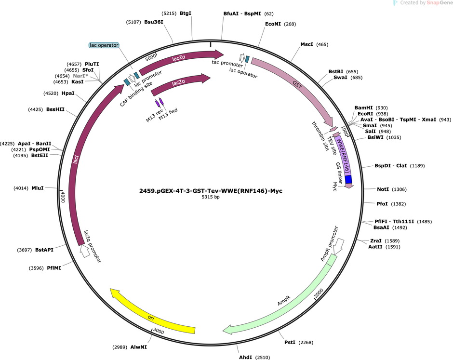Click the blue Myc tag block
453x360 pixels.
click(x=348, y=179)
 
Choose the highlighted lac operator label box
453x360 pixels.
click(x=104, y=45)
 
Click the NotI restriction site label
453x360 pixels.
click(x=383, y=189)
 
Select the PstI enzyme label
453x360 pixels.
click(x=290, y=342)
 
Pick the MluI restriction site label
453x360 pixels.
click(x=38, y=188)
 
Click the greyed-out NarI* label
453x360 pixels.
click(x=80, y=76)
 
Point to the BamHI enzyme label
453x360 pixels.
click(x=363, y=108)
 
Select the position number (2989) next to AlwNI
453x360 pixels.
click(x=120, y=347)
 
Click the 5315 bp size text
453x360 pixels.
click(x=211, y=197)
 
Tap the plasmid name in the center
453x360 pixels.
click(x=211, y=191)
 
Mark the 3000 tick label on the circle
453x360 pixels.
click(x=159, y=331)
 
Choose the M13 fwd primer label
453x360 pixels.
click(x=168, y=114)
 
